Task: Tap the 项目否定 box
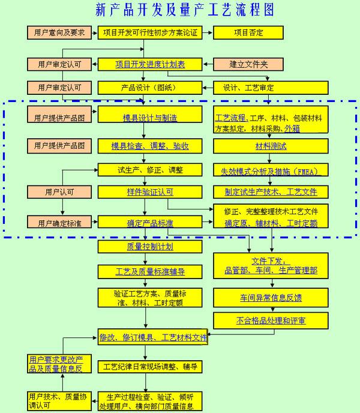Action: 249,32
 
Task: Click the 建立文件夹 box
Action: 249,64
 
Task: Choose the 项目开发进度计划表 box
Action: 150,64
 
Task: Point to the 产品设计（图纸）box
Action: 150,87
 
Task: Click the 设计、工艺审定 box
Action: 270,87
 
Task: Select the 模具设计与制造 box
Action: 150,118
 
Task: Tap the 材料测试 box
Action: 271,146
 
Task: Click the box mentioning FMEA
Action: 271,170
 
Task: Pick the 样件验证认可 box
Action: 150,192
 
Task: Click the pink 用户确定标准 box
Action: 58,223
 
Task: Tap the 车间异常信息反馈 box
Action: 271,297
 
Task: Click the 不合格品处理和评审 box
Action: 271,321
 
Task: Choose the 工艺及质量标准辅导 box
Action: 150,271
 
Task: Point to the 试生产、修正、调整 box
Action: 150,170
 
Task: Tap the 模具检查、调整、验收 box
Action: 150,146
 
